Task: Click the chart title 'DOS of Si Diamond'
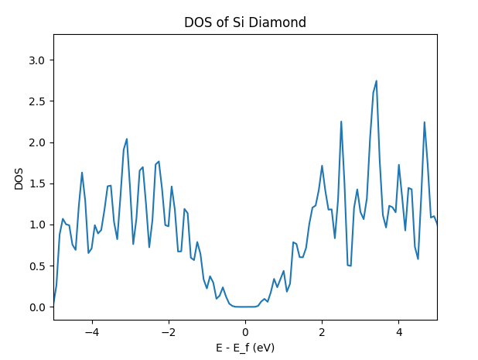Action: tap(244, 22)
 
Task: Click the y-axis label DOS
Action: tap(19, 177)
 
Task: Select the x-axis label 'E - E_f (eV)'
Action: tap(244, 348)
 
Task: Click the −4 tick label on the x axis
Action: tap(91, 332)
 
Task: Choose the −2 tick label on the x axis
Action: tap(168, 332)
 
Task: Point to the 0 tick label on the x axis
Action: tap(245, 332)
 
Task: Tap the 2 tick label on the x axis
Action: tap(322, 332)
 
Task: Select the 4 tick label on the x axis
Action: tap(398, 332)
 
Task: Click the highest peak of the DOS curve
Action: tap(376, 81)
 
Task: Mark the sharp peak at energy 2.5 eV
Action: tap(341, 122)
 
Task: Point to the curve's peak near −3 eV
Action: tap(127, 139)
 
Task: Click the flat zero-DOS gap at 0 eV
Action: tap(245, 307)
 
